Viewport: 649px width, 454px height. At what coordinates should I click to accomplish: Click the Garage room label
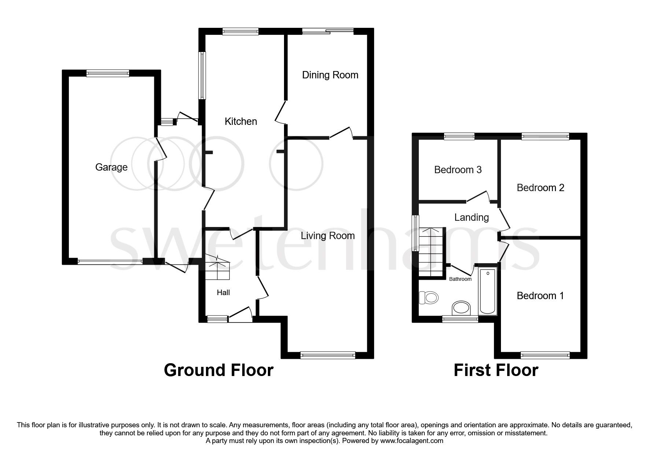click(111, 167)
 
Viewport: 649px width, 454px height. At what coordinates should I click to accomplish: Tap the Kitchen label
click(241, 122)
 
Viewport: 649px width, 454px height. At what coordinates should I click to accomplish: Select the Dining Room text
click(330, 75)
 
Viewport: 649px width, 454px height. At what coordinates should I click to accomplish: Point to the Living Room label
click(328, 236)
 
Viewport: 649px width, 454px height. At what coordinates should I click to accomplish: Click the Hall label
click(223, 293)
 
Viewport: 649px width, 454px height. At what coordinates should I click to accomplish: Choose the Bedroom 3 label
click(458, 170)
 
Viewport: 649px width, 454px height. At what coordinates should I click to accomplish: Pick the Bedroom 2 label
click(540, 188)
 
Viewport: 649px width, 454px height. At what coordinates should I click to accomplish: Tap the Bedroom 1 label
click(540, 296)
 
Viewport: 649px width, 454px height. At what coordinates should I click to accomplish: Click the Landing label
click(471, 217)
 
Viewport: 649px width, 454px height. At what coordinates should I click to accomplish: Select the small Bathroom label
click(460, 279)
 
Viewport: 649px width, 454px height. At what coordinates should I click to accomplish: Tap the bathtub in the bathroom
click(487, 291)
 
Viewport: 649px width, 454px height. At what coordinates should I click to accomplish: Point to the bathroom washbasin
click(461, 308)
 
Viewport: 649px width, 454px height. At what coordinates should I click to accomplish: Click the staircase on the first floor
click(431, 252)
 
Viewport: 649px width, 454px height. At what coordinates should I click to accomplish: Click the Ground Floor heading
click(218, 370)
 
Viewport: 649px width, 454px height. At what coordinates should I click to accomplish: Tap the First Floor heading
click(495, 370)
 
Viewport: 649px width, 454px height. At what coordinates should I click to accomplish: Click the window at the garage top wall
click(108, 73)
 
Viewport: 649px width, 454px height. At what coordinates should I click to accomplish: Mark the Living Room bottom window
click(328, 355)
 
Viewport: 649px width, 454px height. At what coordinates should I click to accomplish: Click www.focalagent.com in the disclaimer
click(412, 441)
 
